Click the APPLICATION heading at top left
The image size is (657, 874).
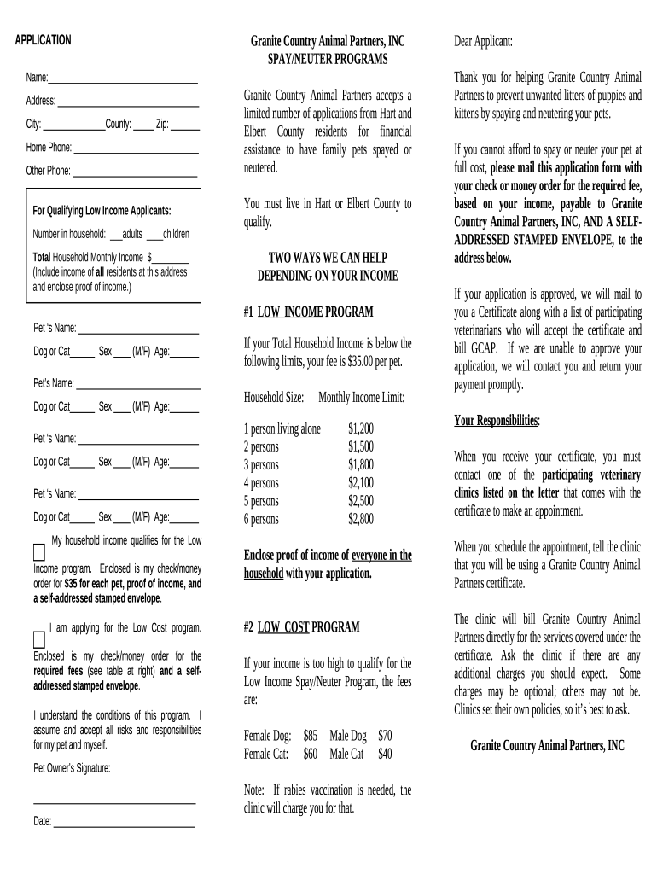coord(43,40)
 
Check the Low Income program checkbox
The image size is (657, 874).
coord(39,550)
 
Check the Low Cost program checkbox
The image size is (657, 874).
coord(39,639)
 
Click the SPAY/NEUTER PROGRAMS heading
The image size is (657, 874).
coord(327,59)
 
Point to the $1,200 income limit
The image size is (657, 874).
coord(360,428)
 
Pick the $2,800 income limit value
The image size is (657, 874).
coord(360,519)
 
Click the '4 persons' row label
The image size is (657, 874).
coord(261,483)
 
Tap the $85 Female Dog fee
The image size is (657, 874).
coord(310,735)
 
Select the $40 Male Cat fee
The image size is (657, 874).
coord(385,754)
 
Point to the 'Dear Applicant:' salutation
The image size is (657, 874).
coord(484,41)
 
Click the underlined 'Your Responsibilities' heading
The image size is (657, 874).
coord(496,421)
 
